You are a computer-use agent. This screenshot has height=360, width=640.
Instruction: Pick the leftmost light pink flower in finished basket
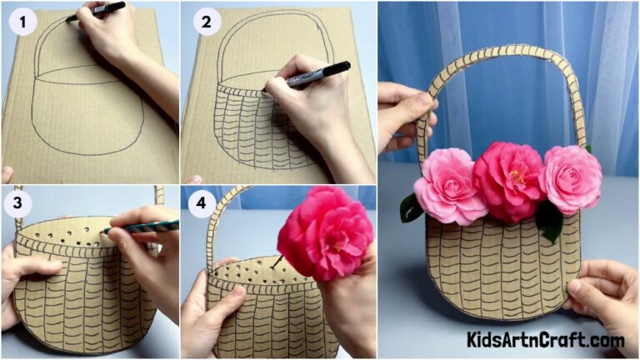(x=449, y=186)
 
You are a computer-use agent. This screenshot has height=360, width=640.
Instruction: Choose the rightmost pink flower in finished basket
(x=571, y=179)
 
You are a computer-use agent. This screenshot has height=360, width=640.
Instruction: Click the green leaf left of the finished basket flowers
(x=412, y=207)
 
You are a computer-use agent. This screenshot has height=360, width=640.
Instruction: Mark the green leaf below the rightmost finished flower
(x=549, y=222)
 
